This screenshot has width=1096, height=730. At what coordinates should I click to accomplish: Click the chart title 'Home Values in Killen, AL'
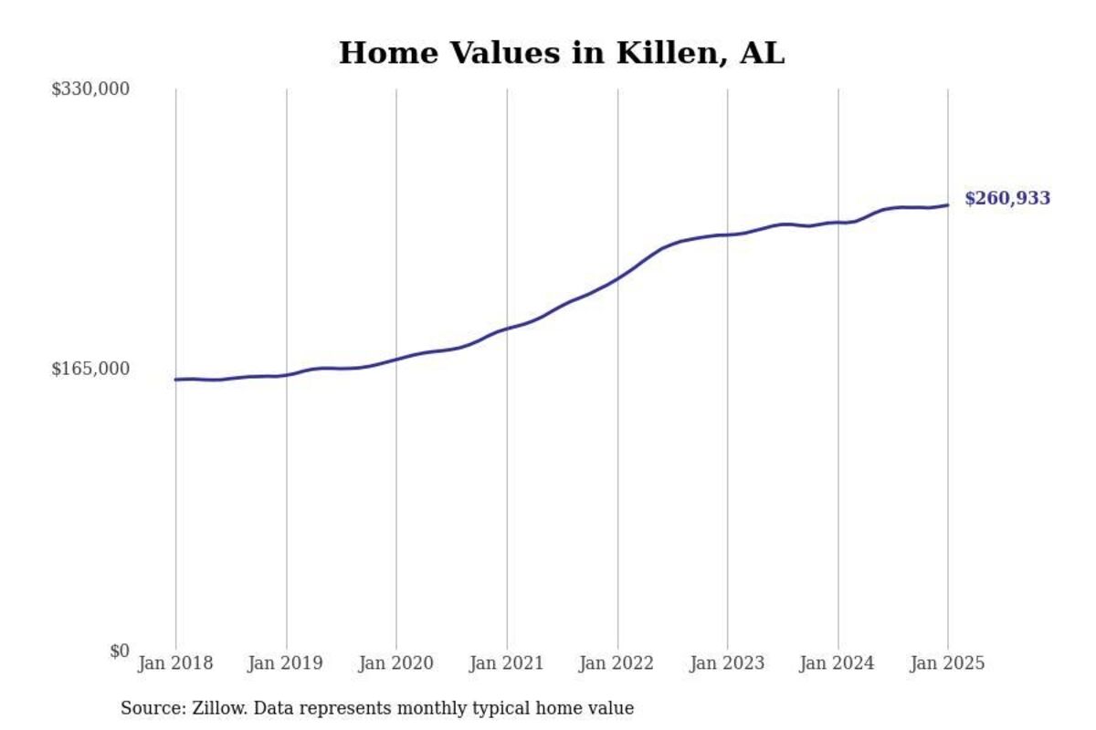click(x=562, y=53)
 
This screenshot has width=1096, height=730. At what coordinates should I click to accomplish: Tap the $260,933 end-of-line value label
click(x=1006, y=199)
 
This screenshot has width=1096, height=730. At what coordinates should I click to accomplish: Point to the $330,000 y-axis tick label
click(x=90, y=89)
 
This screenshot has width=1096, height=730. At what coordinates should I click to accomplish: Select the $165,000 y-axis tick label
click(x=90, y=369)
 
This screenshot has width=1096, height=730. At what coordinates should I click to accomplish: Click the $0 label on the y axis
click(x=119, y=651)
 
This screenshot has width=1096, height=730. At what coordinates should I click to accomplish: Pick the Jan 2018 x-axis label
click(x=175, y=663)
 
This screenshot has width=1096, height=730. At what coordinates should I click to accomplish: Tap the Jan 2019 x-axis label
click(x=286, y=663)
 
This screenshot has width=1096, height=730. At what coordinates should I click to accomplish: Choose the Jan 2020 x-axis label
click(x=396, y=663)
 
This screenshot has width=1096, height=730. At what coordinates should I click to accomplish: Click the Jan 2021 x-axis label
click(x=507, y=663)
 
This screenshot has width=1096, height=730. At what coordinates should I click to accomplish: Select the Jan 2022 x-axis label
click(x=617, y=663)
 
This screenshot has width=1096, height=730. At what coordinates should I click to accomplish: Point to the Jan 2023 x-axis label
click(x=727, y=663)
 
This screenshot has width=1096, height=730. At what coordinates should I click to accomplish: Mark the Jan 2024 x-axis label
click(x=838, y=663)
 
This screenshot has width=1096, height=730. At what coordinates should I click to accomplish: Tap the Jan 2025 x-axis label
click(x=948, y=663)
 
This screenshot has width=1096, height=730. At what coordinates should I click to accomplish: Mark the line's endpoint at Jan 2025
click(x=948, y=205)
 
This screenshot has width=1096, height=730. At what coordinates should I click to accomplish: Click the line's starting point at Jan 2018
click(x=175, y=380)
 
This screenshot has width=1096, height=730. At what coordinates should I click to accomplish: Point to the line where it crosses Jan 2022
click(x=617, y=277)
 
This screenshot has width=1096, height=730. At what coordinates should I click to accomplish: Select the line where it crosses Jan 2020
click(x=396, y=359)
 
